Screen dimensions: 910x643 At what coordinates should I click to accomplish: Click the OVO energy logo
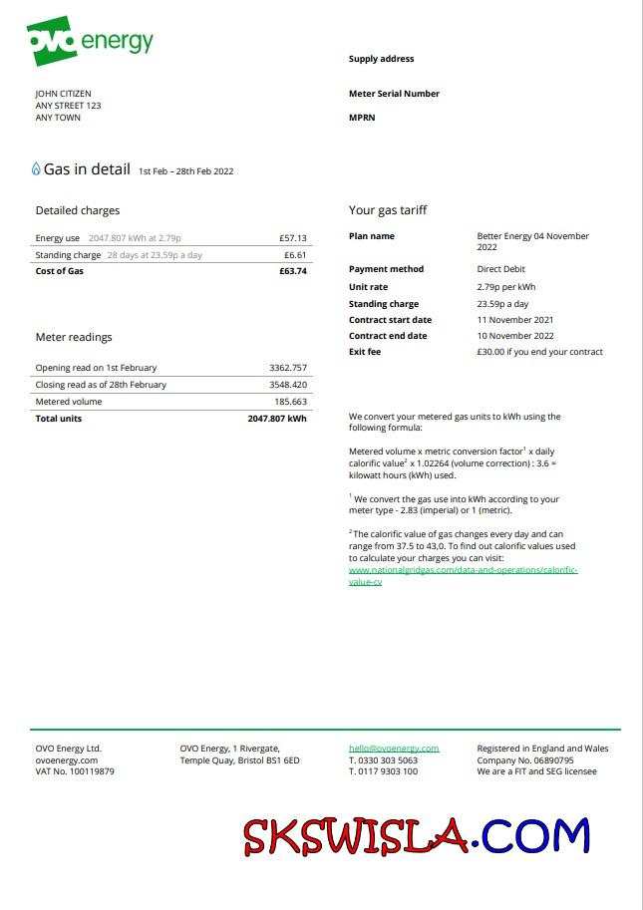[x=90, y=41]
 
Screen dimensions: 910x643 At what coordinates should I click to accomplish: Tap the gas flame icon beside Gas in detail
[x=37, y=169]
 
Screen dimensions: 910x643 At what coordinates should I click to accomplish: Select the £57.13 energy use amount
[x=293, y=238]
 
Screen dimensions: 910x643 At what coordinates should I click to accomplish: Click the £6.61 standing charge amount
[x=296, y=255]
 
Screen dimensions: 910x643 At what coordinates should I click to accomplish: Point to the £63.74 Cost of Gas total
[x=293, y=271]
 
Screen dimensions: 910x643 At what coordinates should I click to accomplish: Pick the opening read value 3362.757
[x=288, y=368]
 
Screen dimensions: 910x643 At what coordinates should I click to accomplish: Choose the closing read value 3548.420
[x=288, y=385]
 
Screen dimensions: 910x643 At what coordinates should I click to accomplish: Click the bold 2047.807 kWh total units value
[x=277, y=419]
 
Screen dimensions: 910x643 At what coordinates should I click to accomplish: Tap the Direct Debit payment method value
[x=500, y=269]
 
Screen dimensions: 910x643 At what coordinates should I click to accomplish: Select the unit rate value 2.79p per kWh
[x=506, y=287]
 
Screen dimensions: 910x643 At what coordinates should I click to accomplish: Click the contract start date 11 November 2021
[x=514, y=320]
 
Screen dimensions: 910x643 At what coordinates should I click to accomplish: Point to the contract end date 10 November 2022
[x=514, y=336]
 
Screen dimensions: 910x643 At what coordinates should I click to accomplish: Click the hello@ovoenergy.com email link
[x=394, y=749]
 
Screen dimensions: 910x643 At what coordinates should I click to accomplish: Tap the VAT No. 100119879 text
[x=75, y=771]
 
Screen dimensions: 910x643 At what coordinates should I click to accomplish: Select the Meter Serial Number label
[x=394, y=94]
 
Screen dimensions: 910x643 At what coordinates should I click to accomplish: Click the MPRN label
[x=362, y=118]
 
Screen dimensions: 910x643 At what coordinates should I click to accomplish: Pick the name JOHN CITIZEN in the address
[x=63, y=94]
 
